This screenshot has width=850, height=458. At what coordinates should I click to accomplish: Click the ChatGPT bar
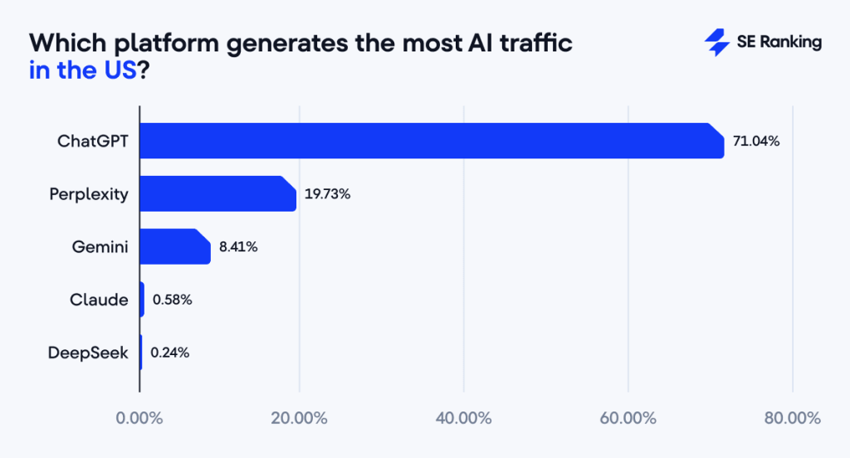coord(432,141)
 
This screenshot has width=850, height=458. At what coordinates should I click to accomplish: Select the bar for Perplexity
coord(217,194)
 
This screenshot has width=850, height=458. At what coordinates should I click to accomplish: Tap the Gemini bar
coord(175,246)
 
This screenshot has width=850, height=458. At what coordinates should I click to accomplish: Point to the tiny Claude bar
coord(142,300)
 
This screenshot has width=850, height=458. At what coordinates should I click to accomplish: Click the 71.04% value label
coord(755,141)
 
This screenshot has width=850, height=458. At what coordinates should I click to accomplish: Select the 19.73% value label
coord(327,194)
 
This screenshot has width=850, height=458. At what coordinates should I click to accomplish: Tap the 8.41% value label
coord(237,246)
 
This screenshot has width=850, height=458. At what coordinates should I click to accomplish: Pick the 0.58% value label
coord(172,300)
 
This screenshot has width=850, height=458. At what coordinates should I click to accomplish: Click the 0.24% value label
coord(169,353)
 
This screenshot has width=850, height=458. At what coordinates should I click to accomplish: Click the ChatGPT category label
coord(93,141)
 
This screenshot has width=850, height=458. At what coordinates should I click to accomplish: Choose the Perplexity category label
coord(89,194)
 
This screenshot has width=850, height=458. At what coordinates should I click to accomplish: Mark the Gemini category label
coord(100,246)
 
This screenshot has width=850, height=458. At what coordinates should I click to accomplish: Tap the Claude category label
coord(99,300)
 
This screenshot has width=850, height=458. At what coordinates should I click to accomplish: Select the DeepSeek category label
coord(88,353)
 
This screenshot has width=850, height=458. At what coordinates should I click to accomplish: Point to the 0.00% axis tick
coord(139,417)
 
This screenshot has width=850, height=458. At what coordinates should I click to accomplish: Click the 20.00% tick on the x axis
coord(299,417)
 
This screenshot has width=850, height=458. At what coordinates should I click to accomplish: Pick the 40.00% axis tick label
coord(463,417)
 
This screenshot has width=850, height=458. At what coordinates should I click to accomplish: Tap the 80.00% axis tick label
coord(793,417)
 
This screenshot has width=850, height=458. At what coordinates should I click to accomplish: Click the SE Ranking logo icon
coord(716,42)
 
